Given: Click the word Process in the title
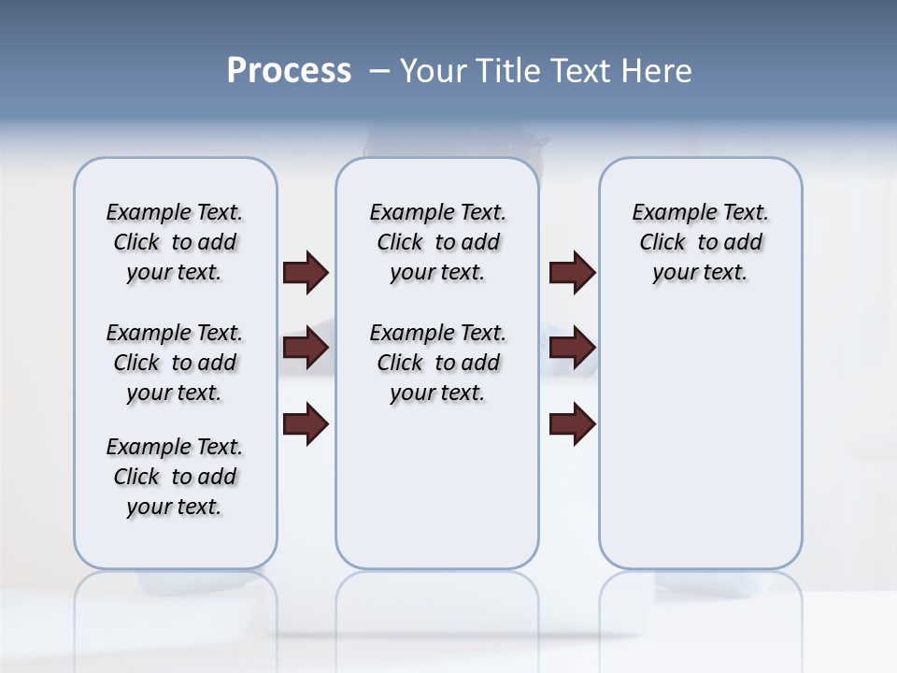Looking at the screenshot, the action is click(289, 71).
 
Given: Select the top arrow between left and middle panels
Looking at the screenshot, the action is click(305, 272).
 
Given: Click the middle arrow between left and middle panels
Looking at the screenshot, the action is click(305, 348).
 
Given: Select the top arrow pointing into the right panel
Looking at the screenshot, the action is click(572, 272).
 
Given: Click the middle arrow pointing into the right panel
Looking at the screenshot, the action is click(572, 348).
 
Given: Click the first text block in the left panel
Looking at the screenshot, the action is click(175, 242).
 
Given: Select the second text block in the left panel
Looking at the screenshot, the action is click(175, 363).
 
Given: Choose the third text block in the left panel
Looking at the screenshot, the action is click(175, 477).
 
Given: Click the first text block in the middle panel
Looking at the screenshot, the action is click(437, 242).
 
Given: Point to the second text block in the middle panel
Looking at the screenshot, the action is click(437, 363).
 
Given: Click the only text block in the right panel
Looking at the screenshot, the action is click(700, 242).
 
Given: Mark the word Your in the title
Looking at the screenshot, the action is click(434, 71).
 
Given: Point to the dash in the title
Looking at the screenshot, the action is click(379, 71).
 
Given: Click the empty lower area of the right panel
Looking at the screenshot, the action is click(700, 439).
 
